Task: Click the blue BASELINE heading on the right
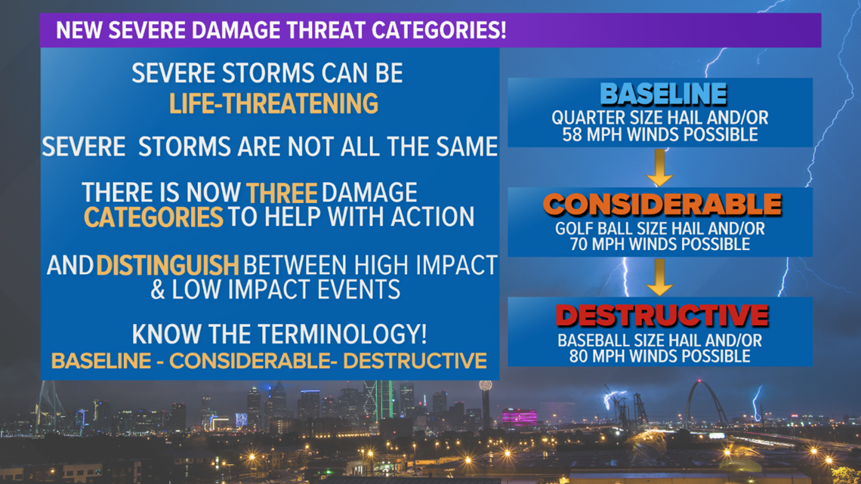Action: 663,94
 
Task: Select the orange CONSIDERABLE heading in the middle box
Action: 662,205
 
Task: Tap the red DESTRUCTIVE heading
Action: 662,316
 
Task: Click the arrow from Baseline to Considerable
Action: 659,168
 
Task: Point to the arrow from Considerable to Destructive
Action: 659,277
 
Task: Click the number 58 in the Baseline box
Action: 572,134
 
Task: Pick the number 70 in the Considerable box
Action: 580,244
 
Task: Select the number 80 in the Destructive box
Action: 579,356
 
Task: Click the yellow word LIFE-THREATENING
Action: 273,103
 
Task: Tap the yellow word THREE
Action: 282,193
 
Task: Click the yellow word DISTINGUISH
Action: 168,266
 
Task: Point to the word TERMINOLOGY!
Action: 342,334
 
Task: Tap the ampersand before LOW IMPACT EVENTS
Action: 158,290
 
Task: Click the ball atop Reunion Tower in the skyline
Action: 486,386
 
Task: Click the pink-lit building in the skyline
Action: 519,418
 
